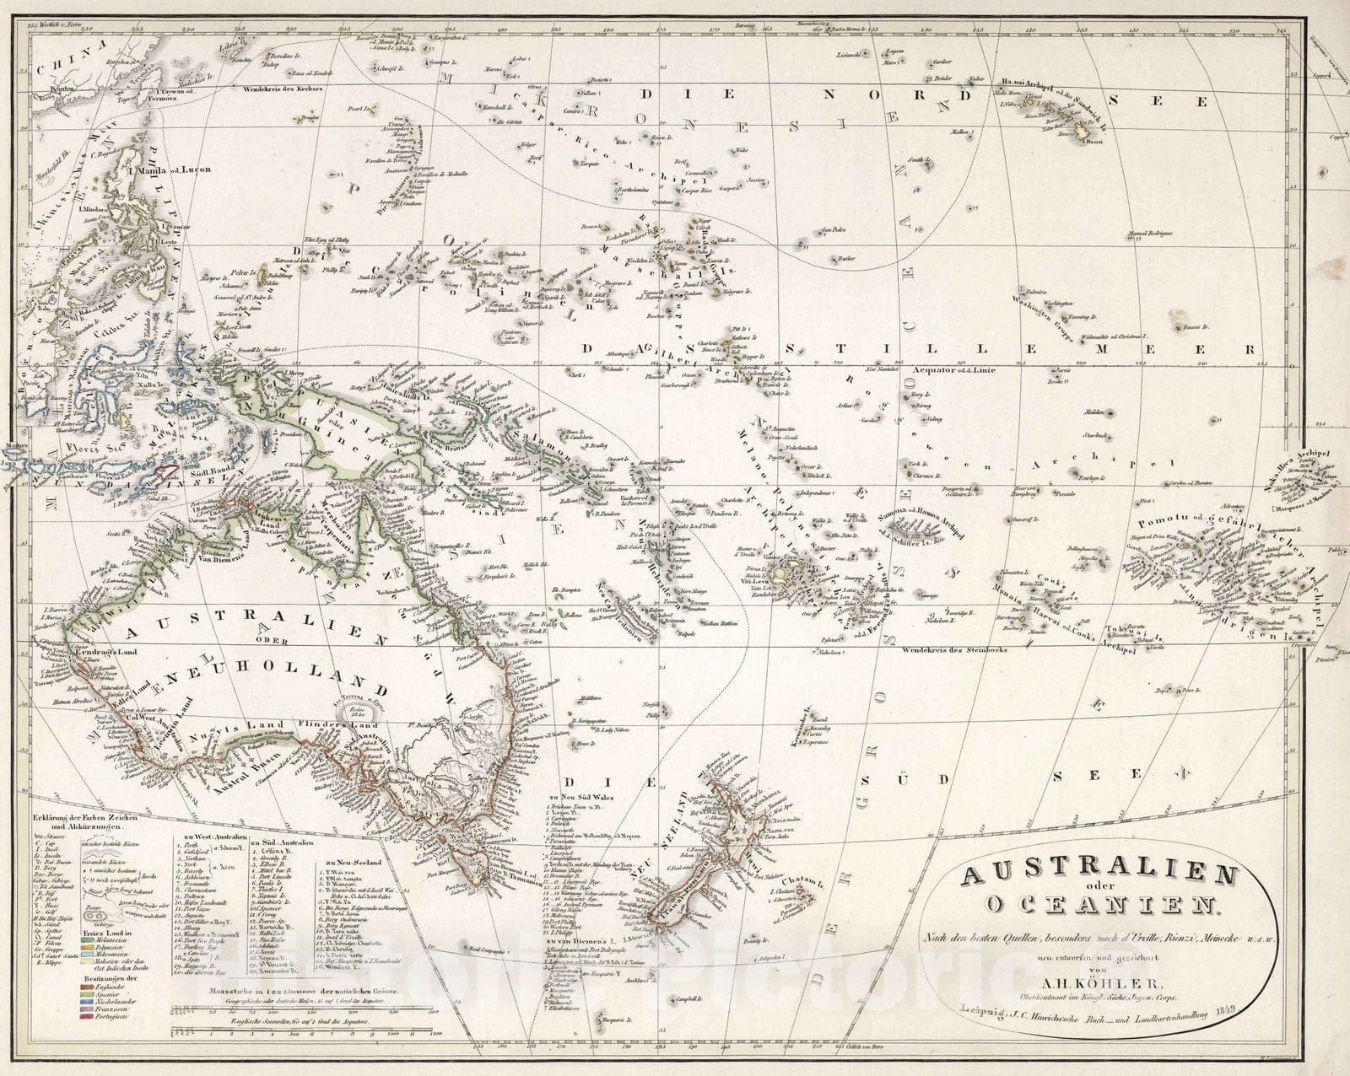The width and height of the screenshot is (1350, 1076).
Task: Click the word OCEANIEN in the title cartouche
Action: (x=1100, y=907)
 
